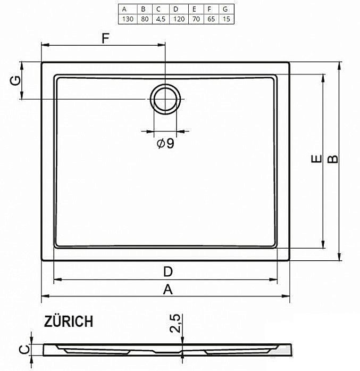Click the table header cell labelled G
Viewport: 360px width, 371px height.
click(x=225, y=9)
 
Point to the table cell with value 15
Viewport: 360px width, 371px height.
click(x=225, y=19)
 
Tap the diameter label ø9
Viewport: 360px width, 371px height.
click(x=165, y=144)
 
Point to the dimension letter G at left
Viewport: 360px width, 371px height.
click(x=16, y=80)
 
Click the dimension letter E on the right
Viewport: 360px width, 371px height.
click(x=315, y=159)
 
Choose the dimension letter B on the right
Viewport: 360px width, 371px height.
click(x=332, y=159)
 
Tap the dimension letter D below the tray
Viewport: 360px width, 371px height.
click(x=168, y=271)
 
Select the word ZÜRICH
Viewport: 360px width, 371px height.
click(x=69, y=321)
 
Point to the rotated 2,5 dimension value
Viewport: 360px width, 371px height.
click(x=175, y=323)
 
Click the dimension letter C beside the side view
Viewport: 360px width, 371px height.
click(x=23, y=349)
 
